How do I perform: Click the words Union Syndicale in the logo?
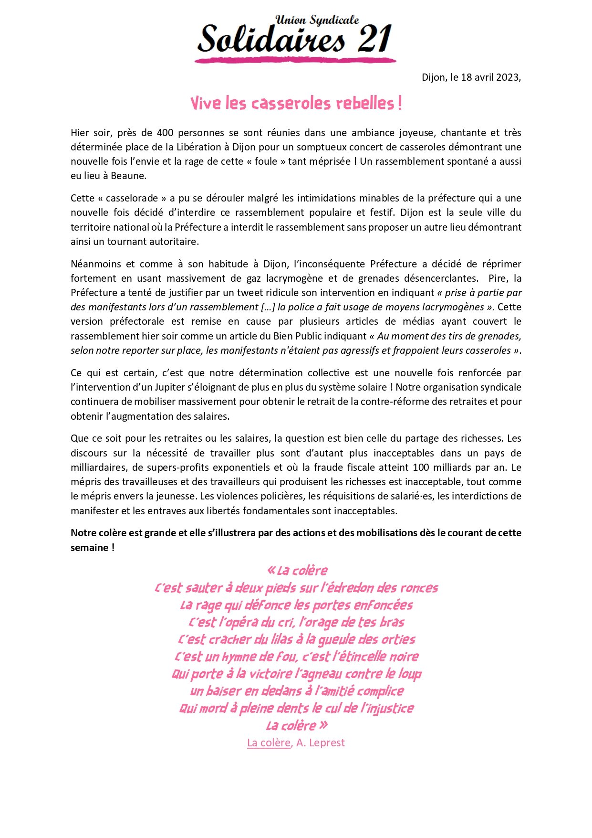pos(317,20)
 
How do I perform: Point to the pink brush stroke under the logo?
pos(295,60)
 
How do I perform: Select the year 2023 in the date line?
pos(507,77)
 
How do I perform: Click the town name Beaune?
pos(128,176)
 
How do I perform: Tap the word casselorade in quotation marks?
pos(133,198)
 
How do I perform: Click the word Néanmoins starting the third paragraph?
pos(94,264)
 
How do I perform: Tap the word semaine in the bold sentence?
pos(89,548)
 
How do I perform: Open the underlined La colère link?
pos(269,743)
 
